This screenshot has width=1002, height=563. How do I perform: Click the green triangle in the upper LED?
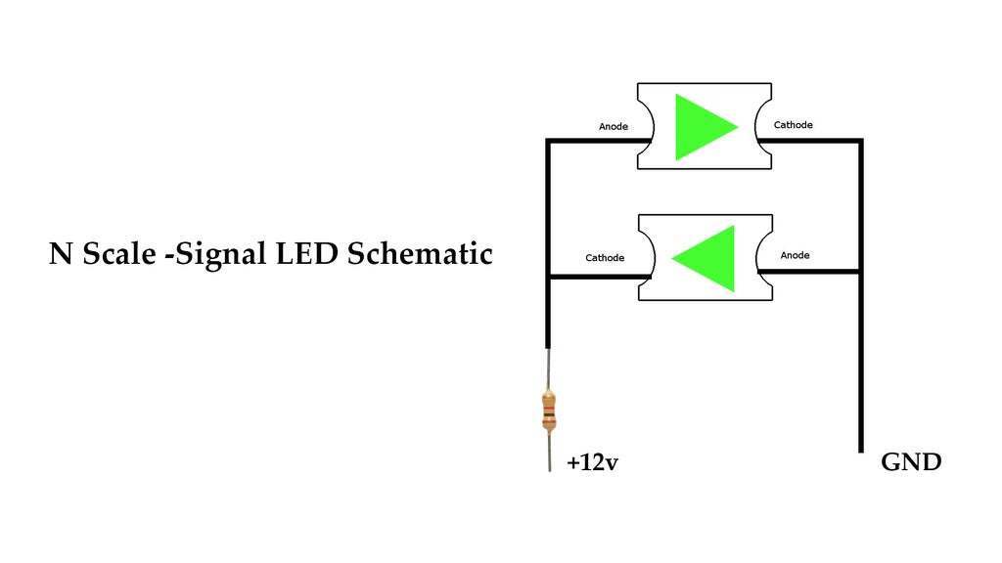coord(701,127)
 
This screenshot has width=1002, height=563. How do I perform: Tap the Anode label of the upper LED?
coord(613,127)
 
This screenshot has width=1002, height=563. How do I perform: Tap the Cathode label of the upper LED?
coord(793,125)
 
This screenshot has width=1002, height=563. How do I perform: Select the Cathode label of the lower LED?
coord(605,258)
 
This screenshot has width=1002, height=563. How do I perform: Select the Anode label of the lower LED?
coord(795,255)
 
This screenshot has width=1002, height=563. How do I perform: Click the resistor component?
coord(549,411)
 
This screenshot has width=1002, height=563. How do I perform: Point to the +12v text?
coord(592,463)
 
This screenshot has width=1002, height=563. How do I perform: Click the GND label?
coord(911,462)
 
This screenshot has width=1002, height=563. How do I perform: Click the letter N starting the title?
coord(61,254)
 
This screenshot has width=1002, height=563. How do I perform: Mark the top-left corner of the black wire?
coord(548,142)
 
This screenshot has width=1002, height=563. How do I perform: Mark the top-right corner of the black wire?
coord(861,142)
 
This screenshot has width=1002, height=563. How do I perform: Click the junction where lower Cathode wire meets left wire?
coord(548,278)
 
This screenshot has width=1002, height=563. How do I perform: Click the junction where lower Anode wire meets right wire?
coord(861,270)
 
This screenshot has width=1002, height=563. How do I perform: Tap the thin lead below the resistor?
coord(549,454)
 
